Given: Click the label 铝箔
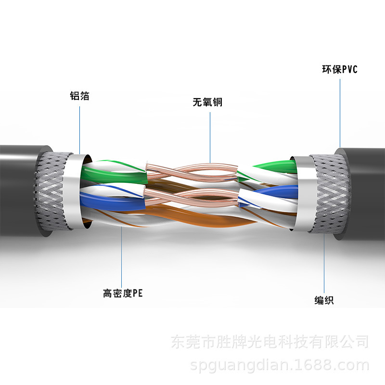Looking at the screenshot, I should pos(79,96).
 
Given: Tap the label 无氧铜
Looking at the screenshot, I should pos(207,102).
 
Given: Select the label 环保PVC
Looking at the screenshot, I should pos(340,69).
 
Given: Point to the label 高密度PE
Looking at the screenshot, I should pos(123,293).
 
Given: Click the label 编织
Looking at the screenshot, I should pos(324,301).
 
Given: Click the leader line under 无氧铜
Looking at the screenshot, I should pos(210,135).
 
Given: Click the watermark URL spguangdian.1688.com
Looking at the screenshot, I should pos(279,366).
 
